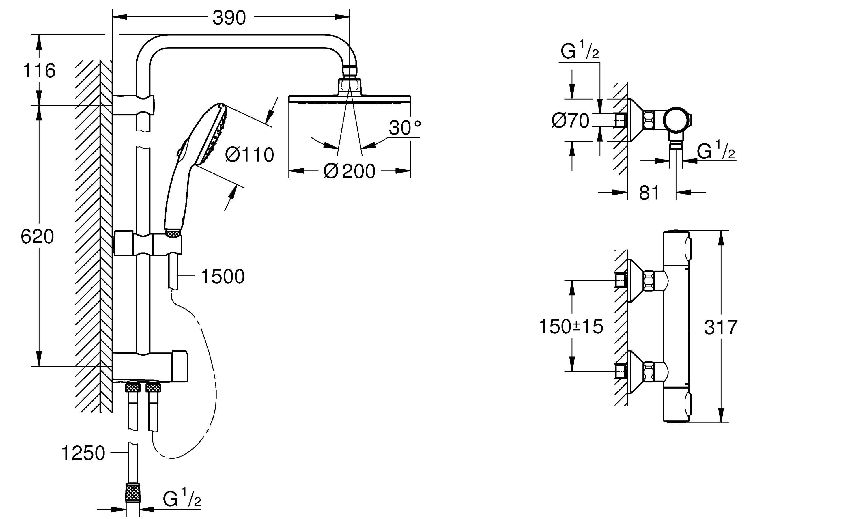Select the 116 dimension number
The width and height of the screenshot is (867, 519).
click(39, 71)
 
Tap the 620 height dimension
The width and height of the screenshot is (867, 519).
click(37, 236)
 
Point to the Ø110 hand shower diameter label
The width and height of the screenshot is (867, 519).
click(250, 155)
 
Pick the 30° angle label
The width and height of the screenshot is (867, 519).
click(405, 128)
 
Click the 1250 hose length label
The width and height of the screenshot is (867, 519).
click(83, 453)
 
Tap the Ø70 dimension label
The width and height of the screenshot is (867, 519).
click(571, 121)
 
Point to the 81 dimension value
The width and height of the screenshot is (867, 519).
click(649, 193)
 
